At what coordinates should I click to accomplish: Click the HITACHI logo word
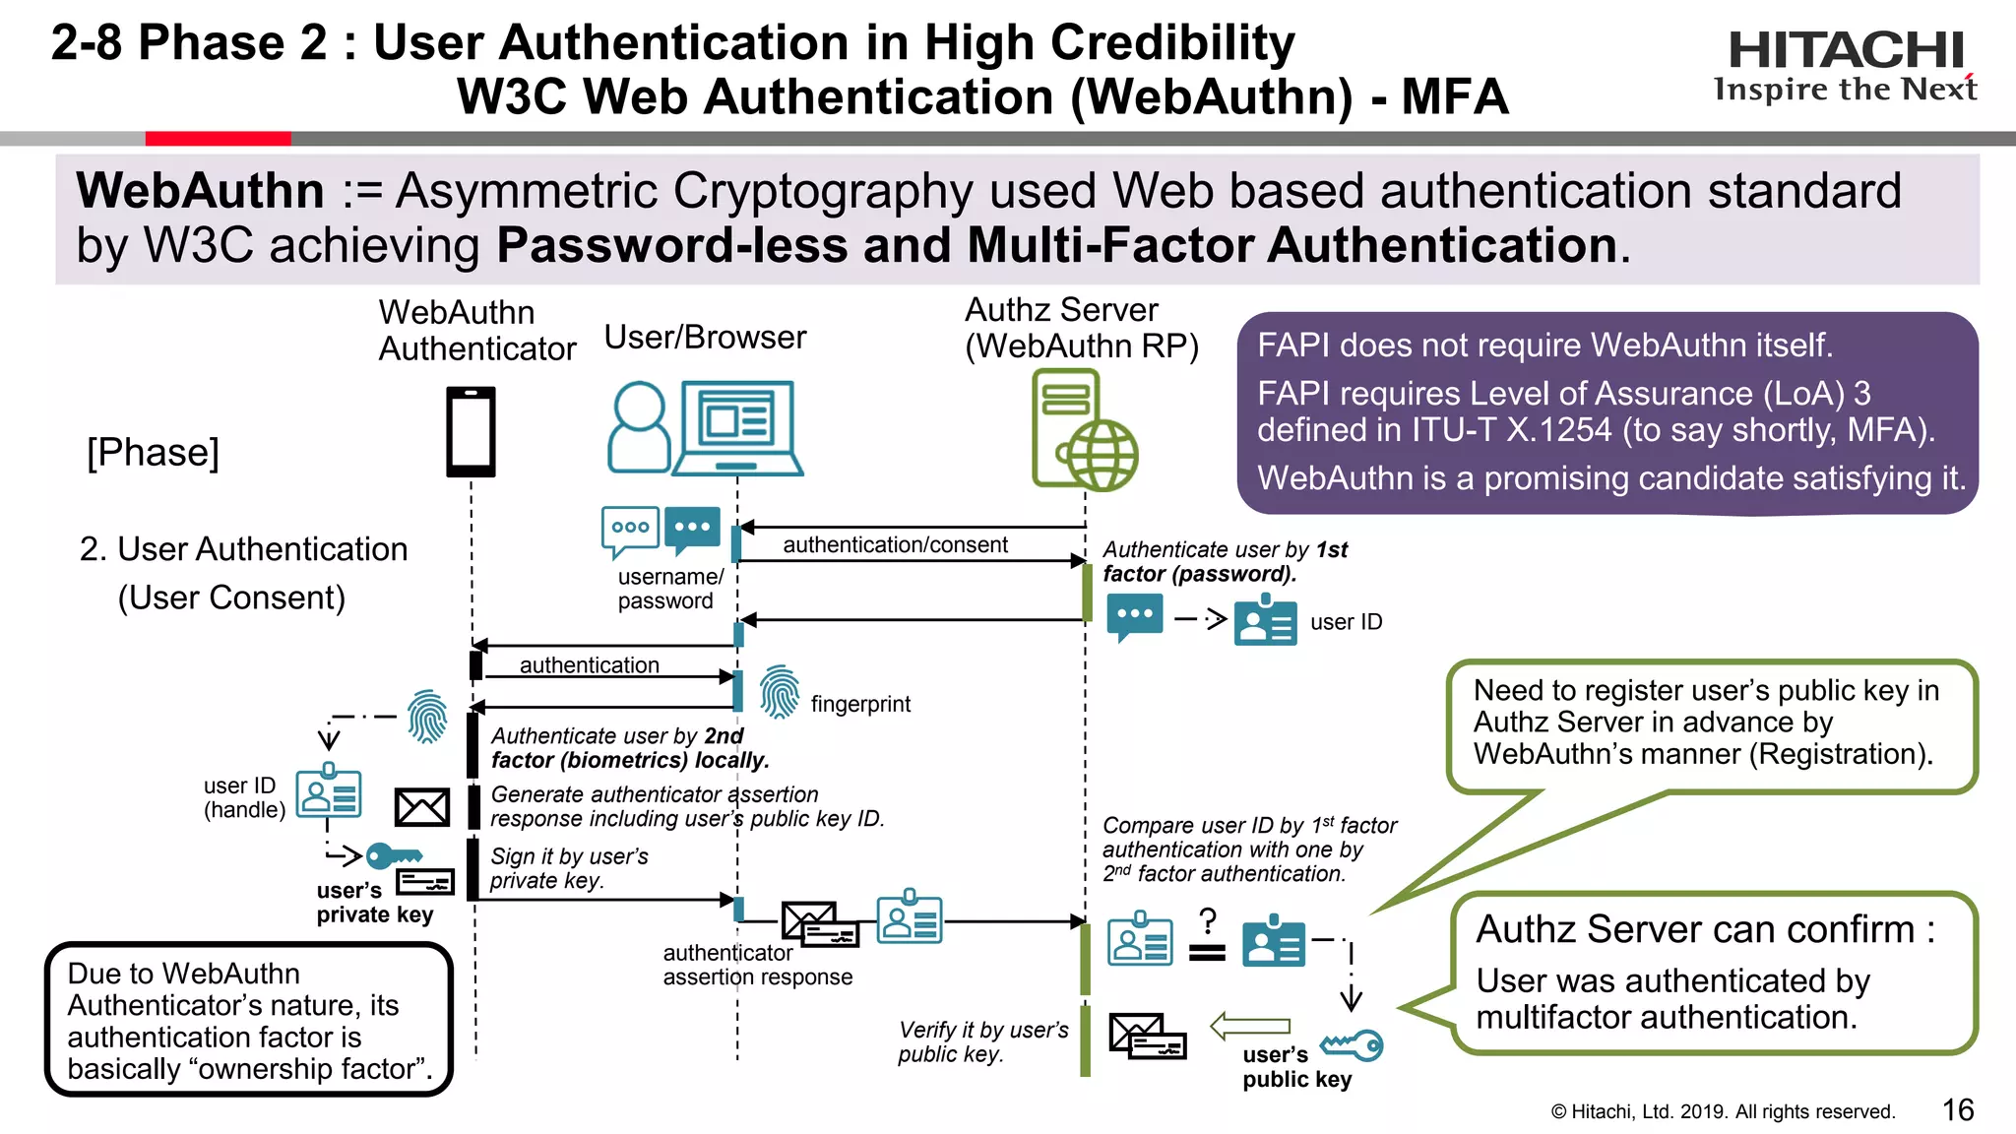[1846, 50]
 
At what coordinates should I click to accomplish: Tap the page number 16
[1957, 1109]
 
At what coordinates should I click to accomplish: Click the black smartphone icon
[471, 431]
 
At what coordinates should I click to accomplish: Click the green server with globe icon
[1083, 431]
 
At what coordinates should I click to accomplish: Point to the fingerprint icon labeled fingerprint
[780, 692]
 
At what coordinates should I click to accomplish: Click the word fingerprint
[860, 704]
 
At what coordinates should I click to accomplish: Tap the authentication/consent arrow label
[895, 544]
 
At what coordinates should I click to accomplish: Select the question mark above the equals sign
[1208, 921]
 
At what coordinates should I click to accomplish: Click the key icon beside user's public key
[1353, 1044]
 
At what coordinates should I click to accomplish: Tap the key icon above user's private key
[393, 854]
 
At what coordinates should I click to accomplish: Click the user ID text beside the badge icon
[1346, 622]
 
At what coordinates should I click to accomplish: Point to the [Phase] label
[154, 453]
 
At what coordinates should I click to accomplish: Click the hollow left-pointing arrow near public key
[1249, 1026]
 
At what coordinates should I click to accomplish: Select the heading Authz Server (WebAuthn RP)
[1080, 328]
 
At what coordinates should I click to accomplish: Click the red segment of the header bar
[218, 139]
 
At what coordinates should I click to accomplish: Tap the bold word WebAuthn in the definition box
[201, 191]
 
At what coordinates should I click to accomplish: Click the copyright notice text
[1722, 1111]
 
